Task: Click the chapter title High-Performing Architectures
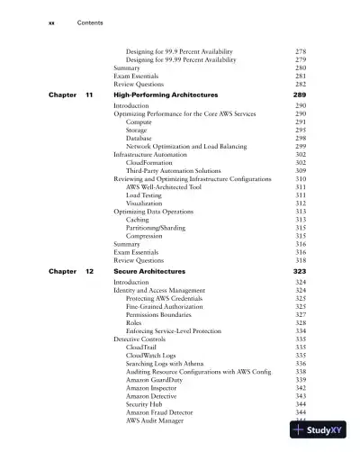(168, 95)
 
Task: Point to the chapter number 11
(89, 95)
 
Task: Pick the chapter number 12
(89, 271)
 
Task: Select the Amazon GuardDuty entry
(158, 379)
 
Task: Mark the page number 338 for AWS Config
(301, 371)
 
